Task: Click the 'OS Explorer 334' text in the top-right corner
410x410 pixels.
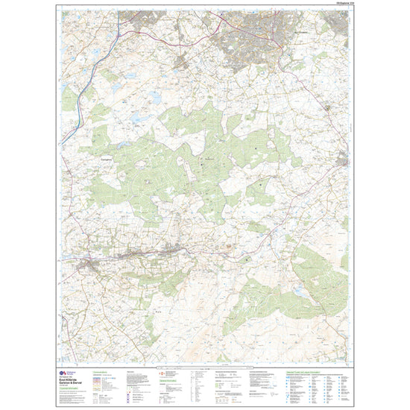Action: tap(336, 7)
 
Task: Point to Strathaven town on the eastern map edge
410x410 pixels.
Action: tap(342, 160)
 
